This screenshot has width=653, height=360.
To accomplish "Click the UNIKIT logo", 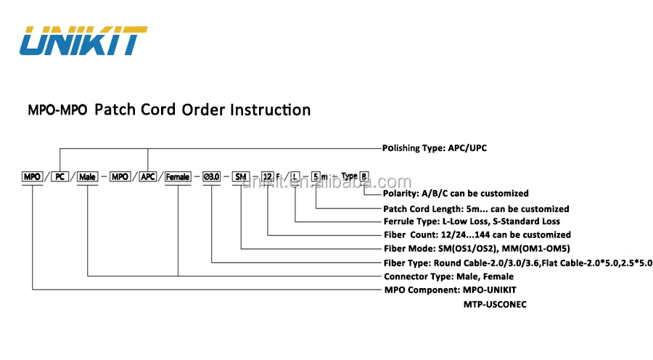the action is click(83, 41).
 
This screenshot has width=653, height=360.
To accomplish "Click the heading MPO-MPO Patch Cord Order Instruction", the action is click(169, 110).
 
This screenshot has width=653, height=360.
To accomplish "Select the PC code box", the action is click(59, 176).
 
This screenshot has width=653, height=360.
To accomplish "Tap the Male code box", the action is click(87, 176).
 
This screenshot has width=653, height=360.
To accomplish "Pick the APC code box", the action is click(148, 176).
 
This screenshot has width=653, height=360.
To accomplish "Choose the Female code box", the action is click(178, 176).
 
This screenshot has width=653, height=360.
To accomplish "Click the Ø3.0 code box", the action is click(211, 176).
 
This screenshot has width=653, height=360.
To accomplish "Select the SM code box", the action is click(241, 176).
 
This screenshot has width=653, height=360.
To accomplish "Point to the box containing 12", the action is click(268, 176).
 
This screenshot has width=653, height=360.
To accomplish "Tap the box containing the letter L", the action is click(295, 176).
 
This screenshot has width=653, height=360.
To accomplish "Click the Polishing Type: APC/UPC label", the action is click(435, 148).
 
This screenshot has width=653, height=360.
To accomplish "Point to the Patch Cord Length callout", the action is click(476, 209).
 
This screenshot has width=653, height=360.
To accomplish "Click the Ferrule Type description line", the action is click(472, 221).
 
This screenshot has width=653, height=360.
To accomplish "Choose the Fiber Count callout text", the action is click(477, 234).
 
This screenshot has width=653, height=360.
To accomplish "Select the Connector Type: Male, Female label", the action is click(448, 277).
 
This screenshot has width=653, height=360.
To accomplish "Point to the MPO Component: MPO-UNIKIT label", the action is click(455, 290).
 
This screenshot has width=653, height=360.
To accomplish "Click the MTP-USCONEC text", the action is click(495, 305).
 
